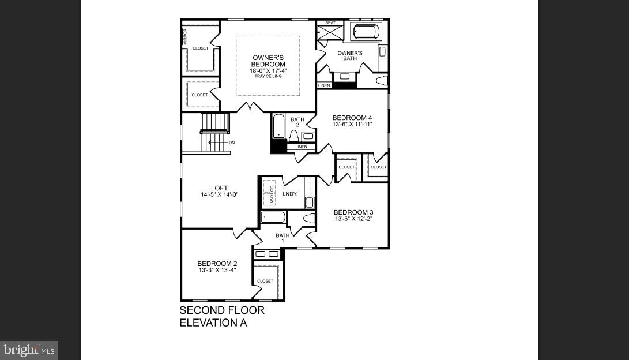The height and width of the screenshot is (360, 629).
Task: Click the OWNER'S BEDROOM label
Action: (268, 61)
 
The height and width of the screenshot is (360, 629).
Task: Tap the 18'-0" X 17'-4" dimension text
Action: (268, 71)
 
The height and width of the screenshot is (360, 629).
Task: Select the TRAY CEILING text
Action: (268, 76)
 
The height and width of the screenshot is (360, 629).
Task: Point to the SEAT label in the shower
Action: (330, 23)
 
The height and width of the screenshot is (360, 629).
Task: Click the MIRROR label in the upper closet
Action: (186, 36)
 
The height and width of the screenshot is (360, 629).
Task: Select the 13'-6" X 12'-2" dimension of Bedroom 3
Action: (353, 219)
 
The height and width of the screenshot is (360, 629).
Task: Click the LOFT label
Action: (219, 188)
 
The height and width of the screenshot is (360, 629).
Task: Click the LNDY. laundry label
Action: (290, 194)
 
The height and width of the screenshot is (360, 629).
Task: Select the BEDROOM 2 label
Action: (217, 264)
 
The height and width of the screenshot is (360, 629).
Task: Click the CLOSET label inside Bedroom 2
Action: (265, 281)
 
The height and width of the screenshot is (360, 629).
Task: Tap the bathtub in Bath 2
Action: (278, 126)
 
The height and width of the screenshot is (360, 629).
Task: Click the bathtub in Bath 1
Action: (273, 217)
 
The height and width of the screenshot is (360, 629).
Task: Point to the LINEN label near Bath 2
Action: (301, 147)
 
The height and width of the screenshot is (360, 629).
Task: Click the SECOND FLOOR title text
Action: (222, 310)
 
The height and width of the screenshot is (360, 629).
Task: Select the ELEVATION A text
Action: (213, 323)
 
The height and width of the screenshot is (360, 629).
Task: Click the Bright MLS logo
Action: (29, 350)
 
